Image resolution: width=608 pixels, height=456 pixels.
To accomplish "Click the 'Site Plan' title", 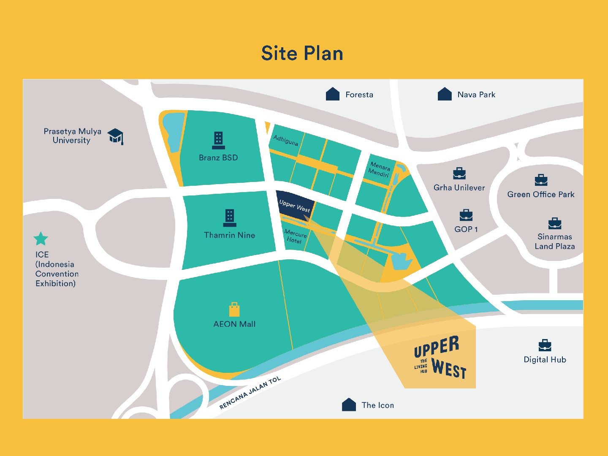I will pos(302,54).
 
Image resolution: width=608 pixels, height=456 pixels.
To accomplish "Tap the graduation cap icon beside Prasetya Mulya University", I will pos(115,136).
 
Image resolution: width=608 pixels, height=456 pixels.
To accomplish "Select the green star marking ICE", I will pos(41,239).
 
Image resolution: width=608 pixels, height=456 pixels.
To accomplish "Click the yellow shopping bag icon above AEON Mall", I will pos(234,309).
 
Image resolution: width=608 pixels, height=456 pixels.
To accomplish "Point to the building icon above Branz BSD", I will pos(218,140).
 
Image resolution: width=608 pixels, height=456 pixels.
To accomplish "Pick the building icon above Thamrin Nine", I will pos(230,218).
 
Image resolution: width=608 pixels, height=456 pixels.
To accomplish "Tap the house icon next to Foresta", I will pos(333,94).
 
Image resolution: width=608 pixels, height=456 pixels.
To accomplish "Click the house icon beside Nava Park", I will pos(445,94).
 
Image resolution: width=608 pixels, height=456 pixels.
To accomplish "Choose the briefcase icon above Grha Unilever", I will pos(459,173).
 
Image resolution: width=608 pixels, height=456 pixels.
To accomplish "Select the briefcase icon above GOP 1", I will pos(466,215).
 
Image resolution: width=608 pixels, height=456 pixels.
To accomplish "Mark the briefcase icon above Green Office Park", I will pos(541,180).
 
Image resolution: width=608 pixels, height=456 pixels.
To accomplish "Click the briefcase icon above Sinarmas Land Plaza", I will pos(555,223).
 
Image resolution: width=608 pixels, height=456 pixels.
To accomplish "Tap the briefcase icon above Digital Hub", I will pos(545,345).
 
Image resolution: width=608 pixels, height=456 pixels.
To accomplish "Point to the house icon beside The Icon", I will pos(349,404).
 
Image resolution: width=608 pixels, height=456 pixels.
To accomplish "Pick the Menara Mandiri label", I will pos(379,169).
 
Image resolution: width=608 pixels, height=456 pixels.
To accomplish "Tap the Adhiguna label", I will pos(286,140).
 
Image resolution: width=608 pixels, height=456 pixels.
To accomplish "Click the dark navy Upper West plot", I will pos(294,206).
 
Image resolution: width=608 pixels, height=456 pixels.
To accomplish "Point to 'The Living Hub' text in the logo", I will pos(422,366).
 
